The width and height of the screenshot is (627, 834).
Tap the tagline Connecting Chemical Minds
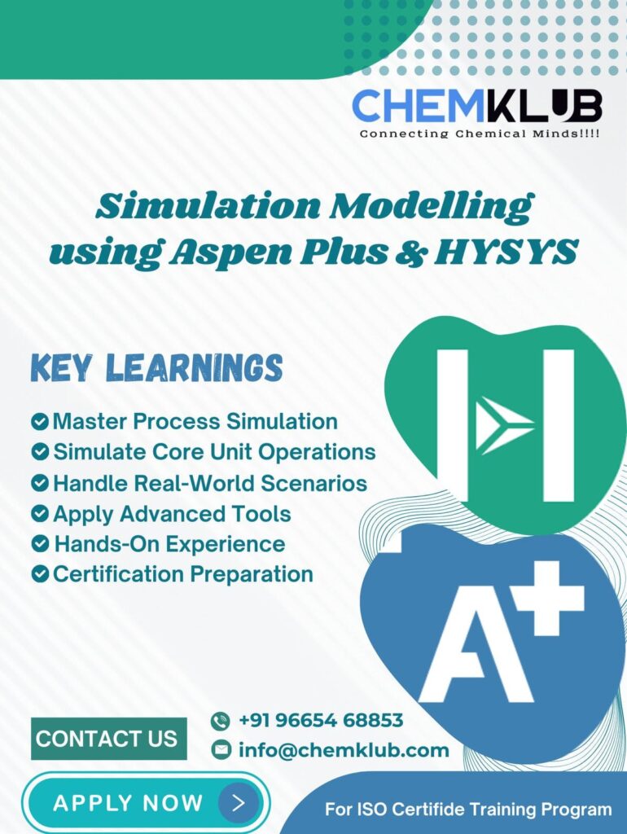(x=479, y=134)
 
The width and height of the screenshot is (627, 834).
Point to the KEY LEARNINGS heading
(x=156, y=367)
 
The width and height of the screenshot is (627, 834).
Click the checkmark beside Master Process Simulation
(x=40, y=422)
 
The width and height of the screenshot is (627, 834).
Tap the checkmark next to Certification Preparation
(x=40, y=574)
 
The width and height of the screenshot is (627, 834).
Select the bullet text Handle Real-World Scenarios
(x=210, y=484)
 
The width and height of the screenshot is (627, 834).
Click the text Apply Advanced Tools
(x=172, y=515)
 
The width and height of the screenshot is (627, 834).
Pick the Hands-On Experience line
(x=169, y=544)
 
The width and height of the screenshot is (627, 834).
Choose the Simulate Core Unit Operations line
(x=214, y=452)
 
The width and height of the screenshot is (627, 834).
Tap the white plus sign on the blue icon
(x=550, y=597)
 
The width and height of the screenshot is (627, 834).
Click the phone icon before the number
(x=220, y=722)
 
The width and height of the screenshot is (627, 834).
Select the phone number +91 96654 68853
(x=321, y=720)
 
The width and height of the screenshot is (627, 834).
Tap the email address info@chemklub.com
(x=344, y=750)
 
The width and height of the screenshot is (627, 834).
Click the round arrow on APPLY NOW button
(x=239, y=802)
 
